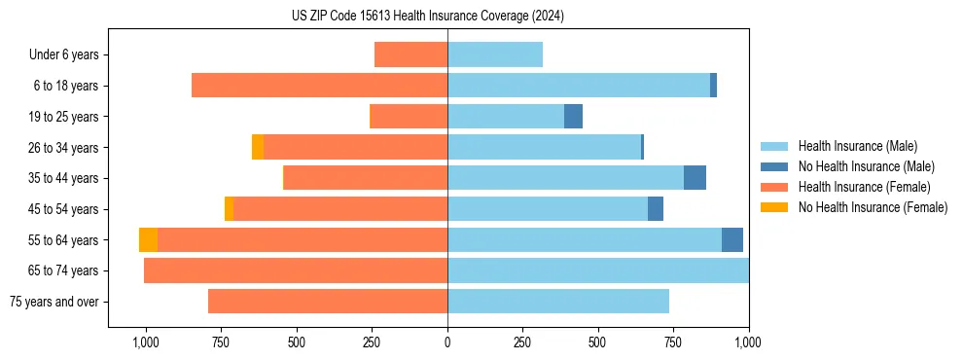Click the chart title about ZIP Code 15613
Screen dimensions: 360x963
(427, 17)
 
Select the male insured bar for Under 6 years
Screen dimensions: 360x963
(495, 55)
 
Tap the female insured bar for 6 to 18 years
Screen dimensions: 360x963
(319, 86)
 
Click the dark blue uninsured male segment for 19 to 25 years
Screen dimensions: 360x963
(573, 117)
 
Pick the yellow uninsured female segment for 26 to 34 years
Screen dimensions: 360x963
(258, 147)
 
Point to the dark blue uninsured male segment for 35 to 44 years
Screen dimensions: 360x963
(695, 178)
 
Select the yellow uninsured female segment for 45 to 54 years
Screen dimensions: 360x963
(229, 209)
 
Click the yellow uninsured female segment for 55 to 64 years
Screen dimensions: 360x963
(148, 240)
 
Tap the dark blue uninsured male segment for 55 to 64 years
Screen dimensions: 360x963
(732, 240)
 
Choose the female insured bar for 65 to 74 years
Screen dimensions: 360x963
(296, 270)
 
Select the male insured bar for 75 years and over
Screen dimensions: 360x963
(558, 302)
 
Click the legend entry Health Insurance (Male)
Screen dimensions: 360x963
(856, 146)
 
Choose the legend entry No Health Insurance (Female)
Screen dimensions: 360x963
(873, 207)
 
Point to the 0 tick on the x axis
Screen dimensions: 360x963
(447, 342)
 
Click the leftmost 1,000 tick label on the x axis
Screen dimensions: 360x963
(145, 342)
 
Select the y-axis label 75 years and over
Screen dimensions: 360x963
(54, 302)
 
